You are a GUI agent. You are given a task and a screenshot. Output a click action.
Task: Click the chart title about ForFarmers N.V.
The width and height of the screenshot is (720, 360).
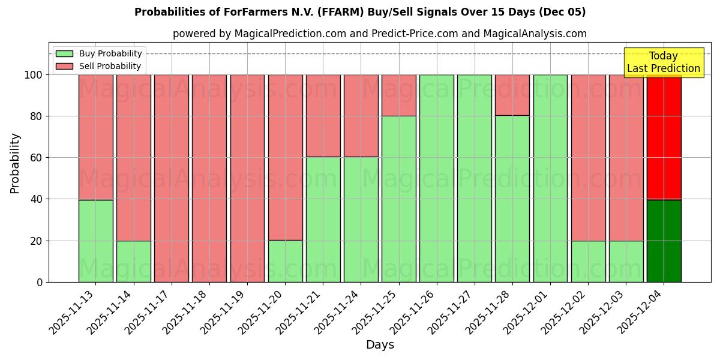tap(360, 12)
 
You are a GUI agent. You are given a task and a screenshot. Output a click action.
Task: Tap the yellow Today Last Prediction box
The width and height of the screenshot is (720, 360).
tap(663, 62)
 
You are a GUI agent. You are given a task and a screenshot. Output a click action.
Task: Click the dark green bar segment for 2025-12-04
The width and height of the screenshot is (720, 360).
tap(664, 241)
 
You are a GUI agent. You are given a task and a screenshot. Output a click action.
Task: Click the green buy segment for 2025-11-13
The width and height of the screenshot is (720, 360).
tap(96, 241)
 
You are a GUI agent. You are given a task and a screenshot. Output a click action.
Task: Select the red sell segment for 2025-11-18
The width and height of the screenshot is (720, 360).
tap(209, 178)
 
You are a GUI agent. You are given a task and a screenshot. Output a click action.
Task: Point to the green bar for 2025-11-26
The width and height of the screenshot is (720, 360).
tap(436, 178)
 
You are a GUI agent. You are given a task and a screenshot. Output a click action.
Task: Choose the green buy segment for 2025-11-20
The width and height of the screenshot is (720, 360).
tap(285, 261)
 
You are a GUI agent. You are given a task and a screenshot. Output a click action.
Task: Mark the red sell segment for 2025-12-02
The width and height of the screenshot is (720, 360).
tap(588, 157)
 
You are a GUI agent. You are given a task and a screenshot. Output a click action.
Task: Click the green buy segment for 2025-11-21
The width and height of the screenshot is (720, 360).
tap(323, 220)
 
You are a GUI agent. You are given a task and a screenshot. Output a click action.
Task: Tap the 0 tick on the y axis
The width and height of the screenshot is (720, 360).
tap(40, 282)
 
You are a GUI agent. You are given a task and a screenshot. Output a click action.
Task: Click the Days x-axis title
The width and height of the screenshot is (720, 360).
tap(380, 345)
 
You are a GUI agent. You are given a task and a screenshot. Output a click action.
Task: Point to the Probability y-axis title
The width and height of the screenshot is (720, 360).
tap(15, 163)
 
